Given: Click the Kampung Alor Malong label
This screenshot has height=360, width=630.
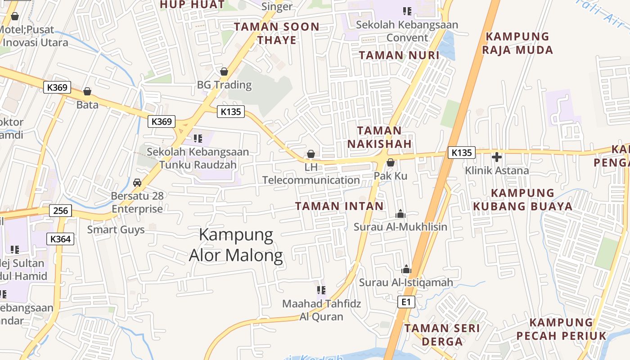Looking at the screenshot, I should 236,245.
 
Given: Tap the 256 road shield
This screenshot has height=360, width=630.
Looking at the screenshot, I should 60,211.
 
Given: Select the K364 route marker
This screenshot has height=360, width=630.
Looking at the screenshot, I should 60,239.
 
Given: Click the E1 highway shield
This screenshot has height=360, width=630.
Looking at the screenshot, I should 406,302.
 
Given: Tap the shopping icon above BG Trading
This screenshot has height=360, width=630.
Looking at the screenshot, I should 224,72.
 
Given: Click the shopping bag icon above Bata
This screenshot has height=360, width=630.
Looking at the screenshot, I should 87,92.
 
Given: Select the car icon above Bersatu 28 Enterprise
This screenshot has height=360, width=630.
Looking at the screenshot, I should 137,183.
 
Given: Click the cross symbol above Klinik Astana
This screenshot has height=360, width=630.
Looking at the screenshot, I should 497,157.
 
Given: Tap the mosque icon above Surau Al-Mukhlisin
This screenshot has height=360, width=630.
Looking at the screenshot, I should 400,214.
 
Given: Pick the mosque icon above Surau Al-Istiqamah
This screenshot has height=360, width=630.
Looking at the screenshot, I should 406,270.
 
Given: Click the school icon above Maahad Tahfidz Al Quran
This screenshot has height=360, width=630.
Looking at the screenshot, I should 321,290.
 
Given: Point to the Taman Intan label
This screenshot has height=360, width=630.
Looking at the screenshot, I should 339,206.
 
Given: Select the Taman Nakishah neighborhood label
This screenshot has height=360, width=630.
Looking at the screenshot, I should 384,137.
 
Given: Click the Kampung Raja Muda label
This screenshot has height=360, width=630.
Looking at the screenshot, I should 517,43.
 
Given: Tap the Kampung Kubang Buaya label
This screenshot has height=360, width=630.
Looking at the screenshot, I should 522,200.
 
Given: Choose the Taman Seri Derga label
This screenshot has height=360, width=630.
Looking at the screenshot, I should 442,335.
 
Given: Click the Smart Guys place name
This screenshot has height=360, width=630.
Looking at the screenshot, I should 116,229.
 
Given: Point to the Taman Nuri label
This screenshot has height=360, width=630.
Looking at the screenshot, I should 399,55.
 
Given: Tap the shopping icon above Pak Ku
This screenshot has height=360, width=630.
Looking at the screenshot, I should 391,162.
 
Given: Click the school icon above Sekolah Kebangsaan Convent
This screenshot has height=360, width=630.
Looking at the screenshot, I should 407,11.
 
